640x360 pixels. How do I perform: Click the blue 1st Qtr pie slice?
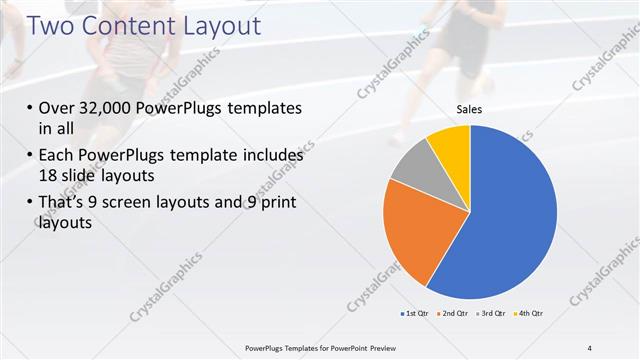(510, 220)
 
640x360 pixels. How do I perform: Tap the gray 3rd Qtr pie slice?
(412, 175)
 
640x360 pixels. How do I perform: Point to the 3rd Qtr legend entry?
(494, 314)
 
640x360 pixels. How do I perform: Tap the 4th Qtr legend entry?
(530, 314)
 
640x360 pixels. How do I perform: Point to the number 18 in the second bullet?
(50, 176)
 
